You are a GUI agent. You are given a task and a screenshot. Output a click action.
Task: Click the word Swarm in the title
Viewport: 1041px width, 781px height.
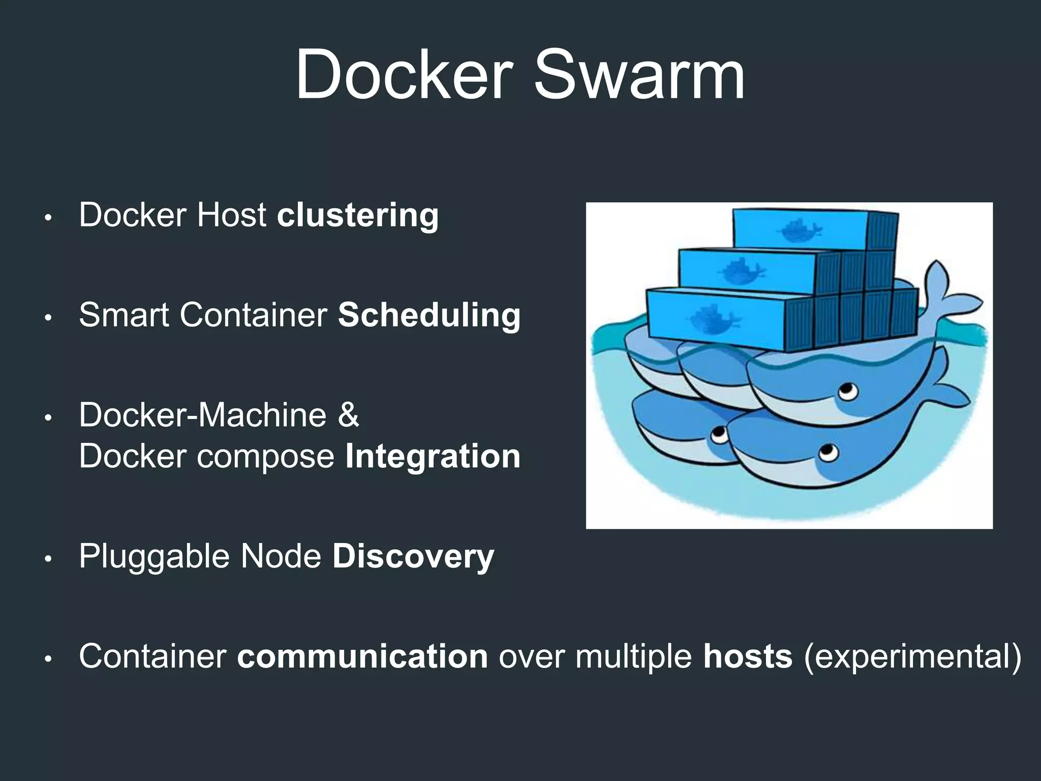pyautogui.click(x=639, y=75)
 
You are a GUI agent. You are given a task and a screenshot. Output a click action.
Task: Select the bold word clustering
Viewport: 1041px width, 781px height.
pyautogui.click(x=357, y=215)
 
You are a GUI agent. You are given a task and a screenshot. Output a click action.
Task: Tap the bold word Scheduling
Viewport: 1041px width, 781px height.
pyautogui.click(x=429, y=315)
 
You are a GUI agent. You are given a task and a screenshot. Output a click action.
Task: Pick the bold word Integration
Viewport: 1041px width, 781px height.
pyautogui.click(x=433, y=456)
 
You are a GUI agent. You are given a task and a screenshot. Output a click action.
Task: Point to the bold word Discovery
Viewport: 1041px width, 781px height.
pyautogui.click(x=413, y=556)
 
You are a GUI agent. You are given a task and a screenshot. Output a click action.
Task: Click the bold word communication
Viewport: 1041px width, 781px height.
pyautogui.click(x=362, y=656)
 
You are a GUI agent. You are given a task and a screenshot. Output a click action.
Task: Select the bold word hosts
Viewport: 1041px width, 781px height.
pyautogui.click(x=748, y=656)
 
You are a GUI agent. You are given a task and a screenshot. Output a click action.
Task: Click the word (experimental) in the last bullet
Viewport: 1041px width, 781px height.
pyautogui.click(x=912, y=656)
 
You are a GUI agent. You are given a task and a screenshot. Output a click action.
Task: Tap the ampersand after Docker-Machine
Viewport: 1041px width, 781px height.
pyautogui.click(x=348, y=415)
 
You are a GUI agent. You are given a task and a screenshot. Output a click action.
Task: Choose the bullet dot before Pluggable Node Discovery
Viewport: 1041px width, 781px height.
pyautogui.click(x=48, y=559)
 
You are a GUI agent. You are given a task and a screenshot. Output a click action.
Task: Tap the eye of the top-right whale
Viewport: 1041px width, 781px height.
pyautogui.click(x=848, y=391)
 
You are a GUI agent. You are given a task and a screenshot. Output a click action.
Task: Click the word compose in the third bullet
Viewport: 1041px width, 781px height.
pyautogui.click(x=265, y=456)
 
